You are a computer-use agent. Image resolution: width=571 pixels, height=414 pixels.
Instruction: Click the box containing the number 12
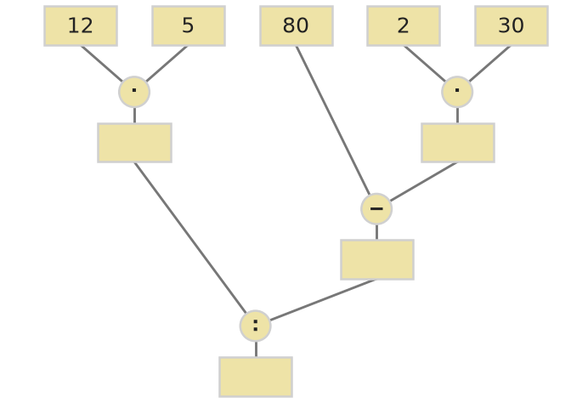coord(81,26)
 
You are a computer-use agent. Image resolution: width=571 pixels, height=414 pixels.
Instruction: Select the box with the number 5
coord(189,26)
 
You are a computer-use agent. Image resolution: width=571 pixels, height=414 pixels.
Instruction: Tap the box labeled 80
coord(297,26)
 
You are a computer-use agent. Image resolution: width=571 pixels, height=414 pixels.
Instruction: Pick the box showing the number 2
coord(404,26)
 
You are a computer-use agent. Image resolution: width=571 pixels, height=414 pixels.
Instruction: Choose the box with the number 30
coord(512,26)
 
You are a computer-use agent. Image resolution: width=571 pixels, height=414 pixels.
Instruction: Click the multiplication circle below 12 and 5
coord(134,92)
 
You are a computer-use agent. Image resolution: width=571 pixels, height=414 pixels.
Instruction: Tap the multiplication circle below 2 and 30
coord(457,92)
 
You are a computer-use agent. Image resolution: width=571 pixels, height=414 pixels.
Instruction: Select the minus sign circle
coord(376,209)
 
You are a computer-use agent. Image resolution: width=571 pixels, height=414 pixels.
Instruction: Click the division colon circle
coord(255,326)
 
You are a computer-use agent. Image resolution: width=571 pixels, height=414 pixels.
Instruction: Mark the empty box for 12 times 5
coord(135,143)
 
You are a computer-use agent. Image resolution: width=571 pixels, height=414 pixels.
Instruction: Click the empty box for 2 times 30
coord(458,143)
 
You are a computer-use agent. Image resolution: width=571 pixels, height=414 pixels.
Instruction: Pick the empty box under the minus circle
coord(377,260)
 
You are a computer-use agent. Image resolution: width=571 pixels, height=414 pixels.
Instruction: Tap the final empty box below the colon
coord(256,377)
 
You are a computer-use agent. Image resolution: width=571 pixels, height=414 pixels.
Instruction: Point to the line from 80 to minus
coord(333,121)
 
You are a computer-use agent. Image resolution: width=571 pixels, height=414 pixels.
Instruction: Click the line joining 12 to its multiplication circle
coord(102,64)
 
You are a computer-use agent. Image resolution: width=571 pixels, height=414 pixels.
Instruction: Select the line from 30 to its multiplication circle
coord(489,64)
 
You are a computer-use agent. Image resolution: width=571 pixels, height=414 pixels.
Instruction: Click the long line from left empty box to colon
coord(190,238)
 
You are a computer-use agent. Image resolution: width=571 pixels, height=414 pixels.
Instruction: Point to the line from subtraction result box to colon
coord(323,300)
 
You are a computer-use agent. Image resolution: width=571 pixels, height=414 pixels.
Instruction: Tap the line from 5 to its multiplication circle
coord(167,64)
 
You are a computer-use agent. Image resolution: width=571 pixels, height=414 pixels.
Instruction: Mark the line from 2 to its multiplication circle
coord(425,64)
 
